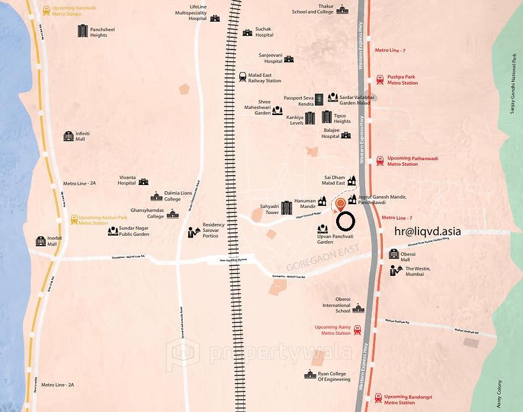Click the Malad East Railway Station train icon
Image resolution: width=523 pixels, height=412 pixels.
coord(243,77)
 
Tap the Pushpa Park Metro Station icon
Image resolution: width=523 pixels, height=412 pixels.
coord(379,80)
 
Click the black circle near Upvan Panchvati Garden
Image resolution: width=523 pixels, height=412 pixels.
coord(345,221)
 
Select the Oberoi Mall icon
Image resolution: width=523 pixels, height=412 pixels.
coord(394,254)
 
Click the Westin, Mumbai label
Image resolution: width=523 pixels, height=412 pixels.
coord(418,271)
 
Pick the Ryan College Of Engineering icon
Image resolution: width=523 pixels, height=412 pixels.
coord(310,375)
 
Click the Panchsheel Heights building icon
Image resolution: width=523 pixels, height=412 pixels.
coord(83,31)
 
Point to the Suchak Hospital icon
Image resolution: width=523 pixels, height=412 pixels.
coord(248,32)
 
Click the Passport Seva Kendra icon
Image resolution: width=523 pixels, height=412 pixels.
coord(319,99)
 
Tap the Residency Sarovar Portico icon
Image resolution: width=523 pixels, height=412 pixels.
coord(194,231)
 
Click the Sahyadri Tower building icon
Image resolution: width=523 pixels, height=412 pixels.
coord(286,208)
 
